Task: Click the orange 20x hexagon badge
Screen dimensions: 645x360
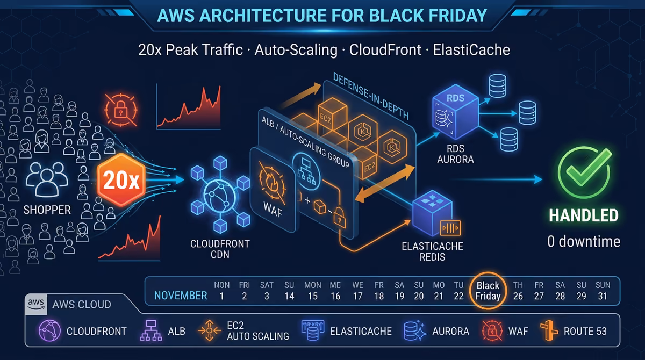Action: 121,180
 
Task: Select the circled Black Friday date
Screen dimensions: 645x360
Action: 488,291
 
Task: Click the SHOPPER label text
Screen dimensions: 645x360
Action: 47,210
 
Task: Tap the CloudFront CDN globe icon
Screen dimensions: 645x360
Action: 220,195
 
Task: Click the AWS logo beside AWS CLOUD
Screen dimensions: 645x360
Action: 36,304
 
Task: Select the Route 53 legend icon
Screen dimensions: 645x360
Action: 549,330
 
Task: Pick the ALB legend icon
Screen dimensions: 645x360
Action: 151,330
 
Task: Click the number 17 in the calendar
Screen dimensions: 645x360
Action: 357,296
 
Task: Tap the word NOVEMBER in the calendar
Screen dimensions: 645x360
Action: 181,296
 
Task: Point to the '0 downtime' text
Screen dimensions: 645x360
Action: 584,241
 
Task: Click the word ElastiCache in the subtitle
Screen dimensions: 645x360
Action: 471,50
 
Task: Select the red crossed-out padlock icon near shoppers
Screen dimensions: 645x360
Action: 120,110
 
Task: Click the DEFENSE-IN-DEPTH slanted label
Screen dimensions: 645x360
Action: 371,96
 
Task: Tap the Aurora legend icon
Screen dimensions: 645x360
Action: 414,331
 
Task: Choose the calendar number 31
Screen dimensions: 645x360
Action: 603,296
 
